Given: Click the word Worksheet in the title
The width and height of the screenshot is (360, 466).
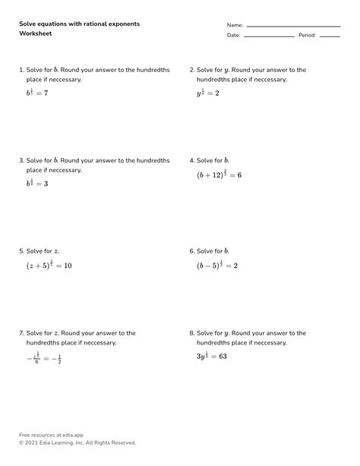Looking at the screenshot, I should [35, 34].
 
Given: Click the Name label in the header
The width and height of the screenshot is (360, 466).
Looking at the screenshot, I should [235, 25].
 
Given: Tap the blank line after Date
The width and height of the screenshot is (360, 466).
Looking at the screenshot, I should [269, 36].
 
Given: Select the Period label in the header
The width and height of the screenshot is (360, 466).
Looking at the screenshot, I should [307, 36].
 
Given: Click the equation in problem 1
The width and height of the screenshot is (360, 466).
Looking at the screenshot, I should [37, 92].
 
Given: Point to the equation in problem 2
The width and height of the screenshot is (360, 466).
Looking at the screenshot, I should [207, 92].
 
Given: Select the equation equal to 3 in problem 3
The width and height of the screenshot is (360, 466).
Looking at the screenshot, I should [37, 183].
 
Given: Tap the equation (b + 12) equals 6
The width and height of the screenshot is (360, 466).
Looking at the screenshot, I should [219, 174].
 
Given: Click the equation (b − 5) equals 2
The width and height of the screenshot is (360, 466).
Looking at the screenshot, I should [217, 265].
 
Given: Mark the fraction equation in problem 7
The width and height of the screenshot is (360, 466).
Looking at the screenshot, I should [43, 357].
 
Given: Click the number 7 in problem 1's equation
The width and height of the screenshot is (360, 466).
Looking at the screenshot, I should [46, 93].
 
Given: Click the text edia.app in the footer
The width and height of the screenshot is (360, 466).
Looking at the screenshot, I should [69, 435].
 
